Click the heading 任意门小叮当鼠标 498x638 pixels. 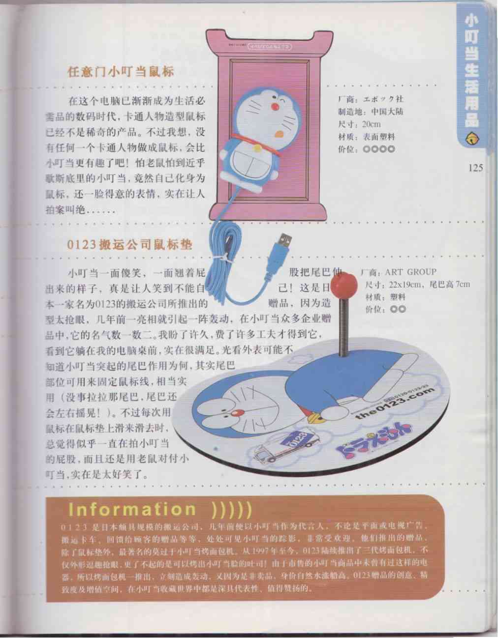click(121, 72)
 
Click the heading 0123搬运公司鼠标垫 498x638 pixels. click(129, 244)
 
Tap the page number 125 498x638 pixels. click(475, 168)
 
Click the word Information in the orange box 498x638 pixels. click(132, 509)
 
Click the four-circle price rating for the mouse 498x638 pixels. click(378, 149)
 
